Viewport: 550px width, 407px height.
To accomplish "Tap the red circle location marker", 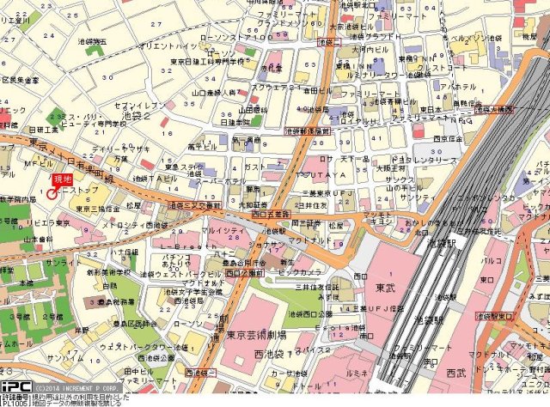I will tap(52, 194).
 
